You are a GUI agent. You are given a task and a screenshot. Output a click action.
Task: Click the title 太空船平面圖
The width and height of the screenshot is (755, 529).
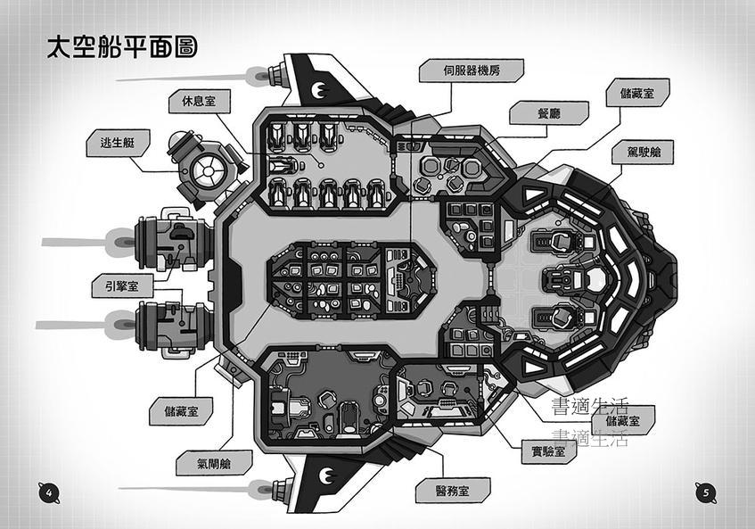(121, 47)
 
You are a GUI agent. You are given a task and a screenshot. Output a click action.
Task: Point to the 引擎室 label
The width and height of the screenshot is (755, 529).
(122, 286)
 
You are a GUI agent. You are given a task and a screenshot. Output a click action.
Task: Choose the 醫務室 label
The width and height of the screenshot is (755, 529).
(440, 490)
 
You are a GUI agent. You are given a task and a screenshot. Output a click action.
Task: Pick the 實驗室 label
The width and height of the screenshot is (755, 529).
(547, 452)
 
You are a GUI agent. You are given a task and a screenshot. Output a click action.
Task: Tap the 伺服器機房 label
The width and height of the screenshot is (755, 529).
(471, 70)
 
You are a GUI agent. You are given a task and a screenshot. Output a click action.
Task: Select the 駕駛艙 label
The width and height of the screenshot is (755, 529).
(643, 152)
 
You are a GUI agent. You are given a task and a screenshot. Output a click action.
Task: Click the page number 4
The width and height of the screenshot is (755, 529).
(49, 492)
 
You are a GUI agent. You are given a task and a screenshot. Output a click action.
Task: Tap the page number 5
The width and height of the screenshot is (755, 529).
(705, 492)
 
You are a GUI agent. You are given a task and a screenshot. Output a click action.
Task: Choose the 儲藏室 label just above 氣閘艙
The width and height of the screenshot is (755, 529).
(188, 412)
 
